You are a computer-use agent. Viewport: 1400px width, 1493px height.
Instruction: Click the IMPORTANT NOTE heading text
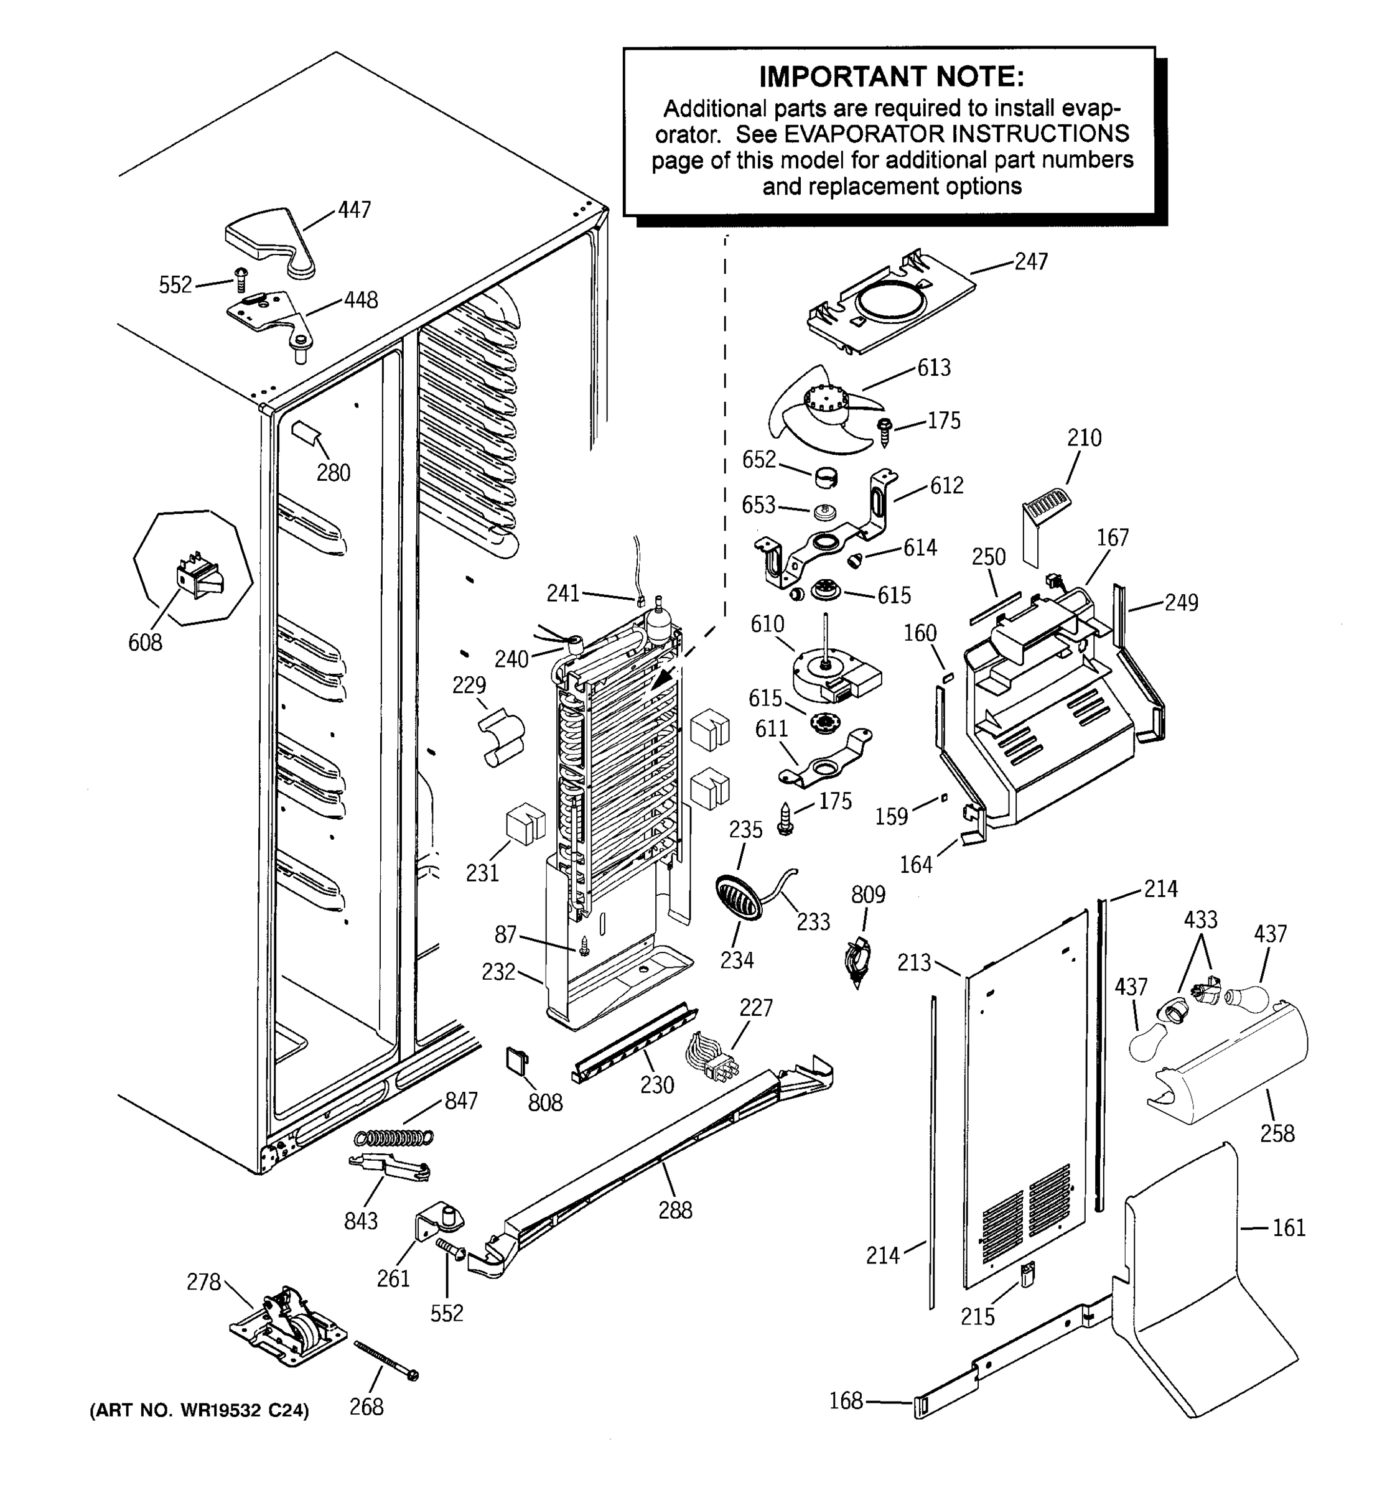click(x=891, y=77)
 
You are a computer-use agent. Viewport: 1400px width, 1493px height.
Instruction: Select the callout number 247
click(x=1030, y=261)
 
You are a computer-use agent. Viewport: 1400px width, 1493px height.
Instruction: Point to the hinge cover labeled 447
click(x=271, y=242)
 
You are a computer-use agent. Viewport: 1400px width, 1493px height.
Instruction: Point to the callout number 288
click(x=674, y=1210)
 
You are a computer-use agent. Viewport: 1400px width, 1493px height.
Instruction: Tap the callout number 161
click(x=1289, y=1228)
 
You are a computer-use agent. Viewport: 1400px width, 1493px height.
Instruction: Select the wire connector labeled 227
click(x=712, y=1058)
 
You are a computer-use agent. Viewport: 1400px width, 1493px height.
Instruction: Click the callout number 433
click(x=1200, y=919)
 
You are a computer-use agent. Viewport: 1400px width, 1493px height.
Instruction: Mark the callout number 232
click(x=498, y=972)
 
